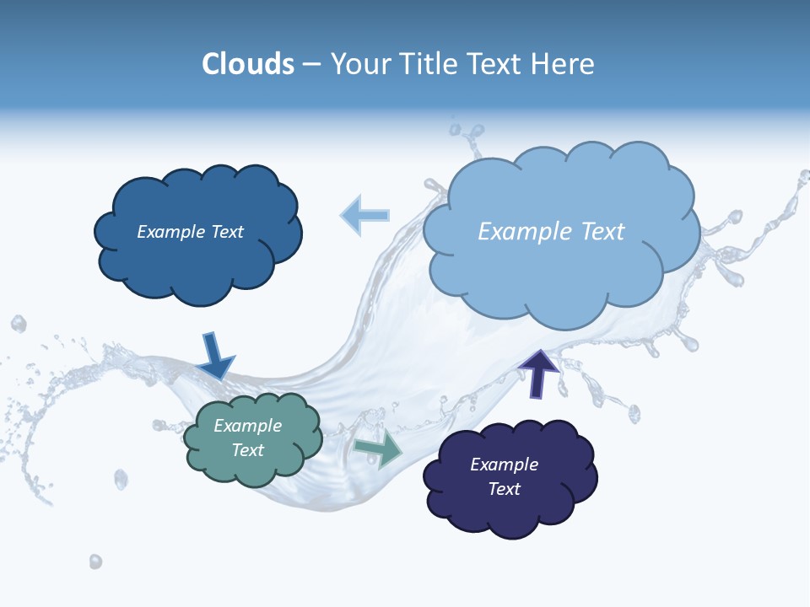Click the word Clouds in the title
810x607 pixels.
[x=248, y=64]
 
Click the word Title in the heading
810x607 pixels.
[x=429, y=64]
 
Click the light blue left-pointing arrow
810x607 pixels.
[x=364, y=215]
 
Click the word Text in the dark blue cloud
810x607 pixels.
[x=225, y=232]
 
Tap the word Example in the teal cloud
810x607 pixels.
[x=248, y=426]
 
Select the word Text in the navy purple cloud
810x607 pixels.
[x=505, y=489]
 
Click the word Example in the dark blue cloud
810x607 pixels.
[x=170, y=232]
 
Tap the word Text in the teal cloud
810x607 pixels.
[x=248, y=450]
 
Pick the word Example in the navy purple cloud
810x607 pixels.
[x=505, y=465]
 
